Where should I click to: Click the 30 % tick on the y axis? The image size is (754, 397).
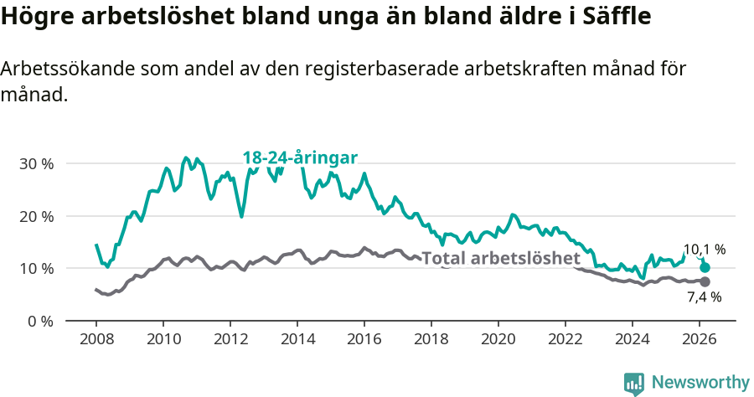(36, 163)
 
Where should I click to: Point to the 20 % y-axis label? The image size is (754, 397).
(36, 216)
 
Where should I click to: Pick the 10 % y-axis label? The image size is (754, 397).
(36, 269)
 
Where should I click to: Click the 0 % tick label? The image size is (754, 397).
(40, 321)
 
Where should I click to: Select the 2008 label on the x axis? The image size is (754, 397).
(96, 339)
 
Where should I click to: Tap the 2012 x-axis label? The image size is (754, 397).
(230, 339)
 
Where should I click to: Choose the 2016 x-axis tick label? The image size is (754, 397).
(364, 339)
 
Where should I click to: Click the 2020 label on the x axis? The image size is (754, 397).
(498, 339)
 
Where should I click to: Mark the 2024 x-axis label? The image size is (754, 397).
(633, 339)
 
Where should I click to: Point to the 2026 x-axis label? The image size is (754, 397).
(700, 339)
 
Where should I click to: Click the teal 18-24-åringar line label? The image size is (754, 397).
(300, 157)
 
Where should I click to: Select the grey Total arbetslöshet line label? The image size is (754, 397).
(500, 258)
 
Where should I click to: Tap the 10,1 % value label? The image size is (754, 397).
(705, 250)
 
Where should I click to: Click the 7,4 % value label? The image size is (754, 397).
(705, 296)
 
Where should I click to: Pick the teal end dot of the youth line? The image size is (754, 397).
(705, 267)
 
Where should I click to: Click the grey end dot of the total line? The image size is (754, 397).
(705, 281)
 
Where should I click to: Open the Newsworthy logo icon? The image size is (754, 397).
(634, 384)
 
